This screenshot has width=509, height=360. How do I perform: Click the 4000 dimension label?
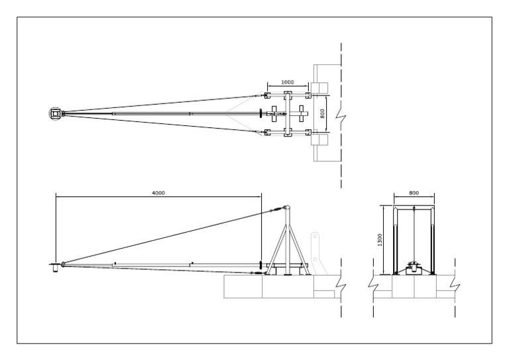158,192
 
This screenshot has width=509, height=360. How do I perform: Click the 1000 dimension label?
288,82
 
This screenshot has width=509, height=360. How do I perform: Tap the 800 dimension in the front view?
414,192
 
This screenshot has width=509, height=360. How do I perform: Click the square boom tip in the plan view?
56,114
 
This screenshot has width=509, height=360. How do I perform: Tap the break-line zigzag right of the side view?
339,286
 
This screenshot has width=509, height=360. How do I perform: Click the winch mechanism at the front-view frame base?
414,267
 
